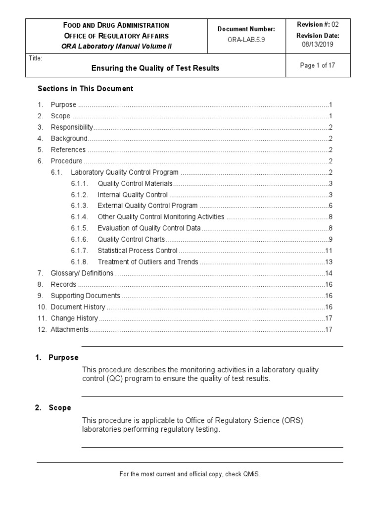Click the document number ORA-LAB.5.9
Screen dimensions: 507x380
click(x=246, y=40)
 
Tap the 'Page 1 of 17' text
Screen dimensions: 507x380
click(x=318, y=66)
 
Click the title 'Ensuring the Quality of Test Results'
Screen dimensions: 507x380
click(x=155, y=68)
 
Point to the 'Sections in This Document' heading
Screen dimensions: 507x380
click(x=86, y=89)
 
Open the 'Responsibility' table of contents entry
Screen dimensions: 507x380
click(x=72, y=127)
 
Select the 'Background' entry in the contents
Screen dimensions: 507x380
click(x=69, y=139)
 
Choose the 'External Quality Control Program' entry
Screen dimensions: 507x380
click(x=147, y=206)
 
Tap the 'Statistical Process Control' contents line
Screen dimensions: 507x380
click(x=138, y=251)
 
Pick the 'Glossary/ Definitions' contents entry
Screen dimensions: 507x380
click(x=82, y=273)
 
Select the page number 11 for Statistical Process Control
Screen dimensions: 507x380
click(x=328, y=251)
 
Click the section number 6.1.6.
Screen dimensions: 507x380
click(x=79, y=240)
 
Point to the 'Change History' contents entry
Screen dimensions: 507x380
click(x=74, y=318)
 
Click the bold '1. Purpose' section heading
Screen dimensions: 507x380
click(x=56, y=357)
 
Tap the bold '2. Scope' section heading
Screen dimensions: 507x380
click(x=53, y=408)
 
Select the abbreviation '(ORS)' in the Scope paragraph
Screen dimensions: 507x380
click(x=292, y=421)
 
